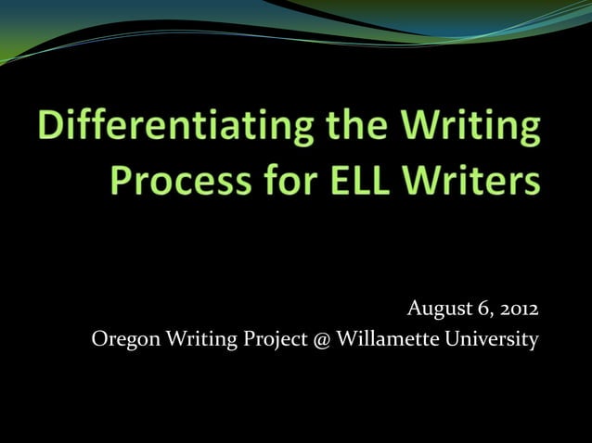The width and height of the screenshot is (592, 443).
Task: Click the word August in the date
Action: click(x=438, y=309)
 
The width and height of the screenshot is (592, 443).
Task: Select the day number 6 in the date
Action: click(x=482, y=309)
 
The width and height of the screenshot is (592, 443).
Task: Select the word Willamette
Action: click(x=389, y=340)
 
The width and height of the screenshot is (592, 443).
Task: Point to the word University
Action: click(x=492, y=340)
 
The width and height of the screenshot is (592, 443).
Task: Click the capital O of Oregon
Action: click(x=100, y=340)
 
